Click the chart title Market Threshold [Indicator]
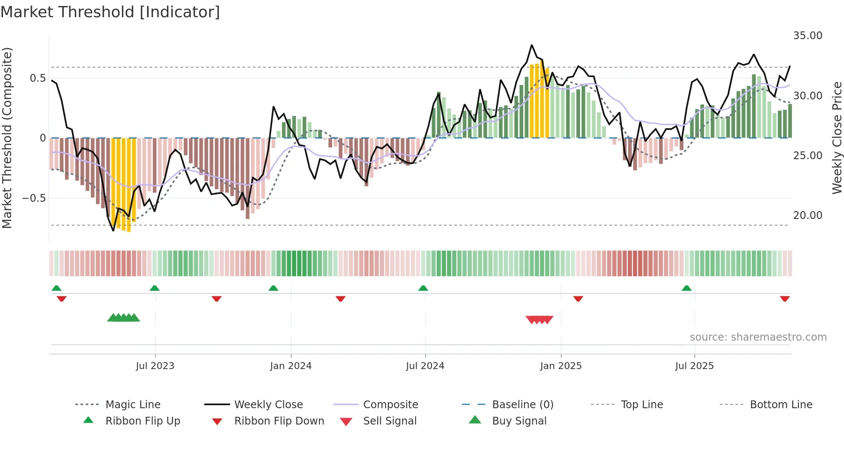[x=110, y=12]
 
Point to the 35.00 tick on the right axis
[x=807, y=36]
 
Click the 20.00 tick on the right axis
[x=807, y=215]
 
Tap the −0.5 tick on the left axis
[x=34, y=198]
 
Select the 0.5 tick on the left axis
[x=37, y=78]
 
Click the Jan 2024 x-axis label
[x=291, y=366]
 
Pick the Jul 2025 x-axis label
[x=694, y=366]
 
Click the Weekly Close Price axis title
[x=837, y=138]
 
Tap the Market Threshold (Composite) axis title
[x=7, y=138]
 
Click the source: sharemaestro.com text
[x=758, y=337]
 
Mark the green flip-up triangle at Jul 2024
[x=423, y=288]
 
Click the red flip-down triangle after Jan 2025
[x=578, y=299]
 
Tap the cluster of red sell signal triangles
[x=539, y=320]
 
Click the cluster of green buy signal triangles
[x=124, y=318]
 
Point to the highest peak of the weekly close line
[x=532, y=45]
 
